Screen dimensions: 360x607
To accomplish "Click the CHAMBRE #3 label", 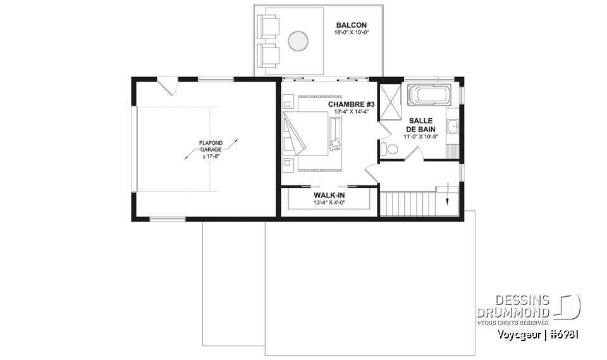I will tap(351, 104).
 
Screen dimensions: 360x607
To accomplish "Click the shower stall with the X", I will tap(390, 101).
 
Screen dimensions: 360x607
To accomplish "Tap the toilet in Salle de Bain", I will tap(391, 149).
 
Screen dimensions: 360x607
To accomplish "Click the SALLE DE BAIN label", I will tap(421, 124).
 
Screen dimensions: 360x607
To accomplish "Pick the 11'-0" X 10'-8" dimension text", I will tap(421, 135).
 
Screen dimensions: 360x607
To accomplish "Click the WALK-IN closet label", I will tap(329, 196).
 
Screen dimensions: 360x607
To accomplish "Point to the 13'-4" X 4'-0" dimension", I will tap(329, 204).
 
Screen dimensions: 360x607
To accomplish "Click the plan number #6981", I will tap(564, 335).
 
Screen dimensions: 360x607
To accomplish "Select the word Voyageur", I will tap(520, 335).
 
